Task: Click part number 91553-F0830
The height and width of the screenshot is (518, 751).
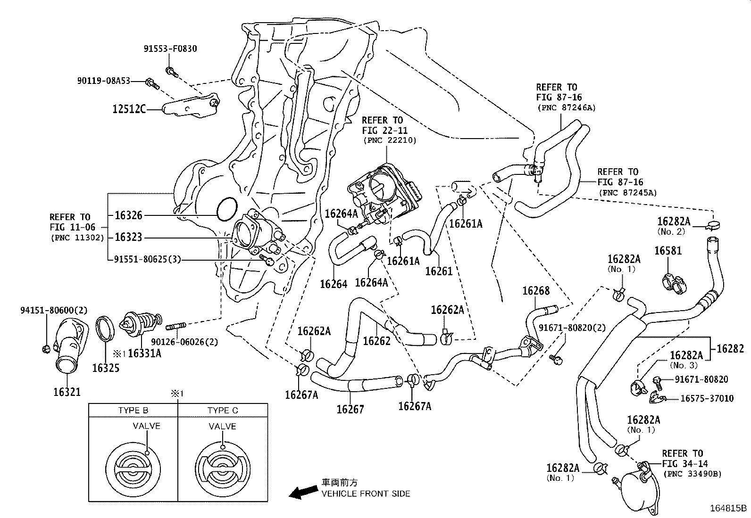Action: pyautogui.click(x=170, y=49)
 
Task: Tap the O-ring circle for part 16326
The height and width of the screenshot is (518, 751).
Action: pyautogui.click(x=227, y=210)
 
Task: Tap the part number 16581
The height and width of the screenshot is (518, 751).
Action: pyautogui.click(x=668, y=251)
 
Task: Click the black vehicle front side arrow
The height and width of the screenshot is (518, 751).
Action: pyautogui.click(x=303, y=492)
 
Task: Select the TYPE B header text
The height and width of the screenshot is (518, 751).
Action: pyautogui.click(x=133, y=411)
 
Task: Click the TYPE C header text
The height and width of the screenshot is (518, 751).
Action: pyautogui.click(x=223, y=411)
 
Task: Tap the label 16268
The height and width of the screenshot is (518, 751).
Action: pyautogui.click(x=536, y=291)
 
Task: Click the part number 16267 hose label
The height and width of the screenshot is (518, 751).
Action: pyautogui.click(x=350, y=409)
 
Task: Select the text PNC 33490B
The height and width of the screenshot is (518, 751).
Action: pyautogui.click(x=692, y=474)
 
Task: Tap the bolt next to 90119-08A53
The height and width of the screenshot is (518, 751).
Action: pyautogui.click(x=151, y=83)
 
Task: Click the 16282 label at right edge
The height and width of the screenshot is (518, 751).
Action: pyautogui.click(x=730, y=349)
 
